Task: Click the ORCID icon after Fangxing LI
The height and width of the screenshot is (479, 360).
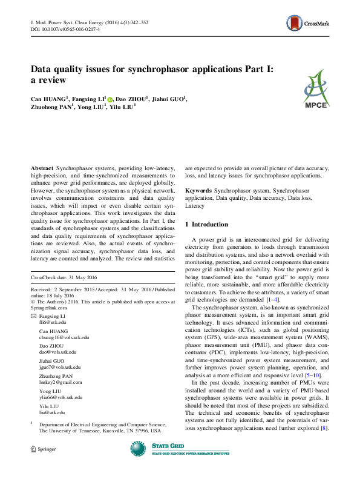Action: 110,97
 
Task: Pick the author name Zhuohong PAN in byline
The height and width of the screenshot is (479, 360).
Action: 51,107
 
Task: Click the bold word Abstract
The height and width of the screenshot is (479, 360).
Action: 42,167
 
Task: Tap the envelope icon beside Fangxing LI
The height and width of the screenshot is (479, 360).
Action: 33,317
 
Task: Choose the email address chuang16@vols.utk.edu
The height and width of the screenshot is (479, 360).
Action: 64,337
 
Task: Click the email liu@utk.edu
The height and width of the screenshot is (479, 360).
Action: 51,412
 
